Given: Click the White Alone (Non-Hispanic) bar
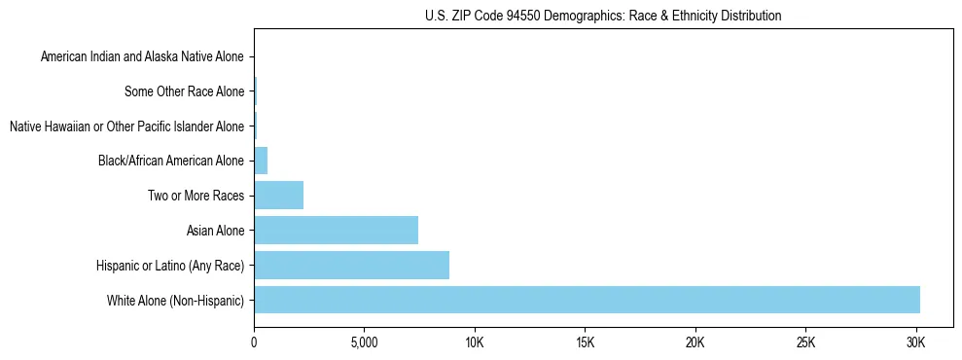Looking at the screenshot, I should [587, 300].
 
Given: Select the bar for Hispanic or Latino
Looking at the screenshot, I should [351, 265].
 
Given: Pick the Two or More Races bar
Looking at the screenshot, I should [278, 196].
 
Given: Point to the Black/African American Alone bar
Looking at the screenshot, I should [261, 161].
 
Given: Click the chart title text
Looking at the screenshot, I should [603, 16].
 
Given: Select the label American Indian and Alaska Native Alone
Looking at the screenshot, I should [142, 57].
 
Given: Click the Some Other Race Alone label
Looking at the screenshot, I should [185, 92].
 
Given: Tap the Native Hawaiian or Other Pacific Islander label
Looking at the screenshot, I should [126, 126].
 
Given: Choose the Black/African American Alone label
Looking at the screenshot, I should [171, 162].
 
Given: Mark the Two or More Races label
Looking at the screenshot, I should [196, 197].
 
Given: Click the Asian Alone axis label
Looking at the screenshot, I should [216, 231].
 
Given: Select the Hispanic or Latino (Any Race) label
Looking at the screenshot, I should [170, 266].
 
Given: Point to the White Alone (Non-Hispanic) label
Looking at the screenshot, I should [176, 301].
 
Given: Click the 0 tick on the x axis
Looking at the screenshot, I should [254, 342].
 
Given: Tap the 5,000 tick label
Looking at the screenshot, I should [364, 342].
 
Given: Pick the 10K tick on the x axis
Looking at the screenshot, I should [475, 342].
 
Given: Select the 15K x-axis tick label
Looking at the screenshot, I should [585, 342].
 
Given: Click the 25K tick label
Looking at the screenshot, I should [805, 342].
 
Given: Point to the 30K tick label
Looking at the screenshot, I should [915, 342].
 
